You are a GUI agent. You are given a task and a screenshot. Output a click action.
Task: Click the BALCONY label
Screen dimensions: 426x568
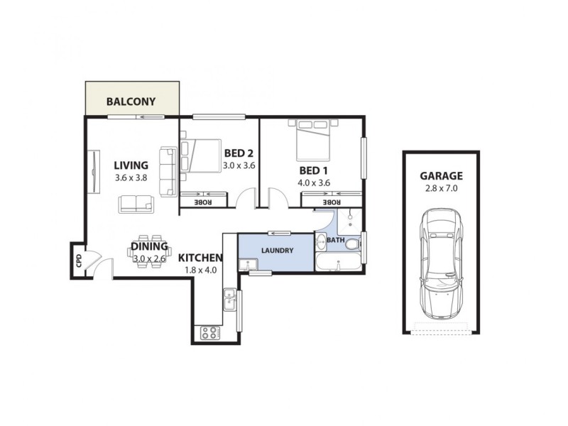click(131, 101)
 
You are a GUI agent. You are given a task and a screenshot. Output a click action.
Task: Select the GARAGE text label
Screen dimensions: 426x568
click(441, 175)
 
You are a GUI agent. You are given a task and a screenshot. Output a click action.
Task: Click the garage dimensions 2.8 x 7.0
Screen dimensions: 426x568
click(441, 189)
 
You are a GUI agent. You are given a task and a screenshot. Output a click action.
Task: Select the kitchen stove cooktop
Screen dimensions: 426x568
click(210, 332)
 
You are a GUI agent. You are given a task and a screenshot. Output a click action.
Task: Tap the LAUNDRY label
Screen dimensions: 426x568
click(276, 251)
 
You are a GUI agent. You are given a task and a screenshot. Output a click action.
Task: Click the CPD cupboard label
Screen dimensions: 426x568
click(78, 260)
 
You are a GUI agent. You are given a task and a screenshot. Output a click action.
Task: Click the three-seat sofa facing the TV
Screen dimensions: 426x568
click(168, 171)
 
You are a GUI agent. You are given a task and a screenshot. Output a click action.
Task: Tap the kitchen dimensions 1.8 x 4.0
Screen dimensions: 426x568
click(200, 270)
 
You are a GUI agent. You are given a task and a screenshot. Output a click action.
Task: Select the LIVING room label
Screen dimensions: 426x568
click(131, 165)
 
